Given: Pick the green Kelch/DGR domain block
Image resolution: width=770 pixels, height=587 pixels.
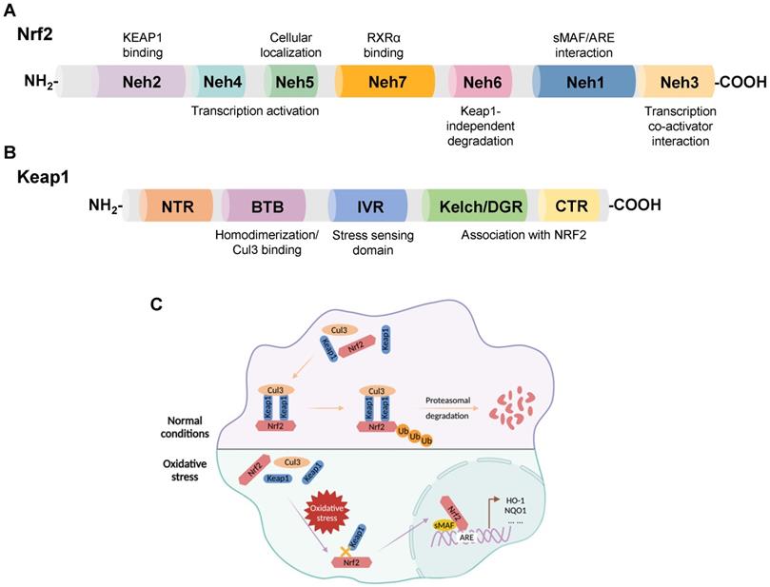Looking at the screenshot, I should coord(475,205).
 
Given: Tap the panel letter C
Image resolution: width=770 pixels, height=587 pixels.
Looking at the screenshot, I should coord(158,304).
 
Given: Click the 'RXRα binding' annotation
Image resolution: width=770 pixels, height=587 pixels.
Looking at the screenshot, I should coord(383,46).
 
